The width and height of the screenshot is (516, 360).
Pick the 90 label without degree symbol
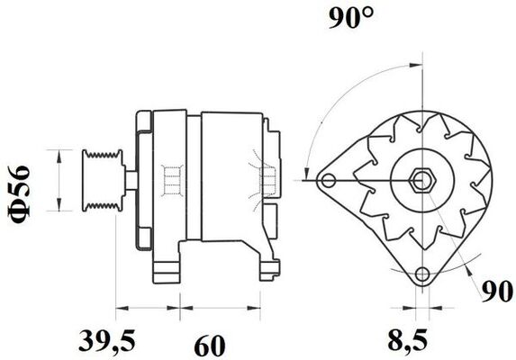(494, 292)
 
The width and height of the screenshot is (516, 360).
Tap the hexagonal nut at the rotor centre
(421, 180)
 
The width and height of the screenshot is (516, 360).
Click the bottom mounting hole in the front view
(422, 274)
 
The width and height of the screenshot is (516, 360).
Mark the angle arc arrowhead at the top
(415, 64)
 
